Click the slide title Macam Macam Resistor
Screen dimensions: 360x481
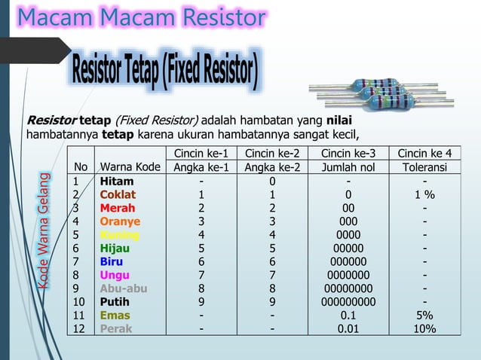click(x=142, y=17)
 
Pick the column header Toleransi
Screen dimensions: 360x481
click(x=424, y=167)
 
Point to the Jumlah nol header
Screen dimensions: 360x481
click(x=348, y=167)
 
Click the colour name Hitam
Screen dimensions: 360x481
click(x=117, y=181)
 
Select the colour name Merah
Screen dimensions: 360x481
click(x=118, y=208)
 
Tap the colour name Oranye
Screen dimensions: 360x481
click(x=120, y=221)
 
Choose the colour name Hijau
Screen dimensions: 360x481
click(x=116, y=248)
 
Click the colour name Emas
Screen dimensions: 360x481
click(x=115, y=315)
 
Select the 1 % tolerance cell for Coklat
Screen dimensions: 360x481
click(x=424, y=194)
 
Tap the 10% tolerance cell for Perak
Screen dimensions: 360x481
click(x=424, y=328)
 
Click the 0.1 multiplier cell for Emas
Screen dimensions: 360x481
click(x=348, y=315)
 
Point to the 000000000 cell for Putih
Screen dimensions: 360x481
click(x=348, y=302)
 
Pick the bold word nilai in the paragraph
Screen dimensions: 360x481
click(x=339, y=121)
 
